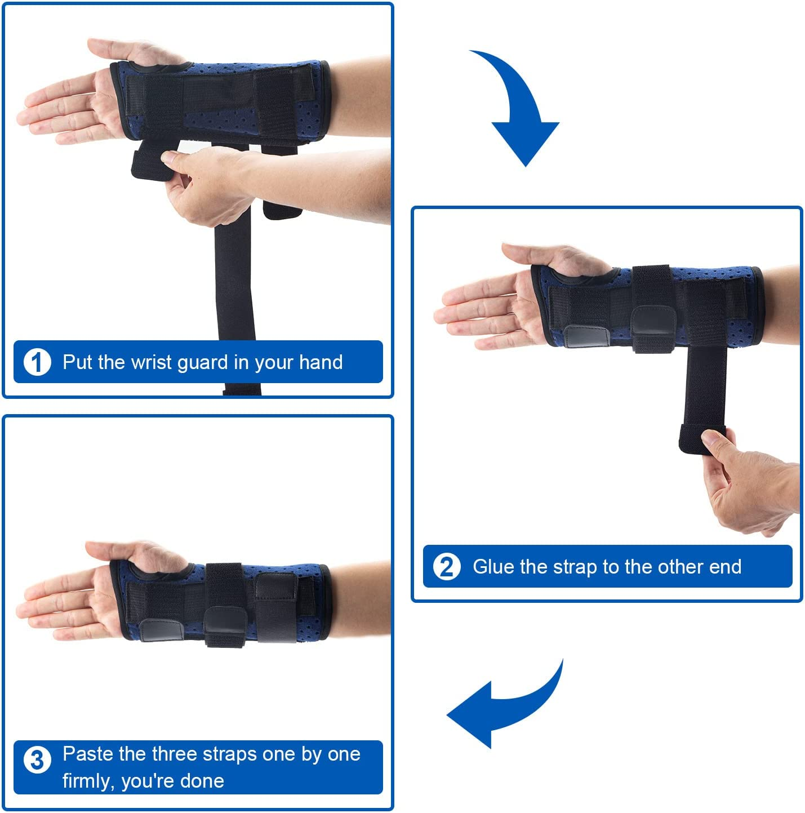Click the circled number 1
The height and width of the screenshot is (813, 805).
pyautogui.click(x=37, y=362)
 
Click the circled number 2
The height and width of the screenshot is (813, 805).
pyautogui.click(x=447, y=567)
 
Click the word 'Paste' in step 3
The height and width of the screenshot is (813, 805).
pyautogui.click(x=88, y=754)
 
